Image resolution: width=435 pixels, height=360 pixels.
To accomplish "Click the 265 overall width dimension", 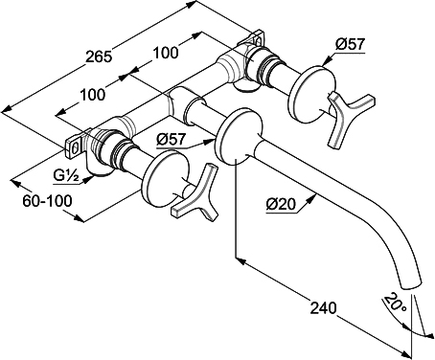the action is point(100,56).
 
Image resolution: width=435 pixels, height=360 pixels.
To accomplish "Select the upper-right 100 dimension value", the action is point(165,53).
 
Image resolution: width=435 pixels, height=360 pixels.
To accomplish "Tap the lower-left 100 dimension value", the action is point(92,95).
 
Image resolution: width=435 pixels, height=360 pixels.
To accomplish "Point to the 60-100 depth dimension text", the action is point(47,201).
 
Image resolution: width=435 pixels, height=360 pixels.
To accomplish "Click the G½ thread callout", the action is point(66,176).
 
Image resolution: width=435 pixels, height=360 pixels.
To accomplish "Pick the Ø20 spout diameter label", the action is point(281,204).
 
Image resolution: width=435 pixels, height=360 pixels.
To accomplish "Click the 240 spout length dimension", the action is point(324,308).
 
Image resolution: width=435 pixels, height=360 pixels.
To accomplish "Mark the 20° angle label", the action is point(396,303).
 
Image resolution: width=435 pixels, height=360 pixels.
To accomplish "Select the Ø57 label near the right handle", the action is point(350,44).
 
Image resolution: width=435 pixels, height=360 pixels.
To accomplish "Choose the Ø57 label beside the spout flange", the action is point(171,140).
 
